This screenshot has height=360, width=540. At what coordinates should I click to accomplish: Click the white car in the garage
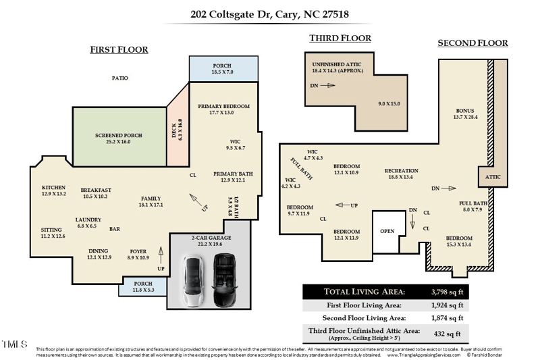(x=194, y=280)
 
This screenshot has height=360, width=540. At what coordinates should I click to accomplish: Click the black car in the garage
(x=225, y=280)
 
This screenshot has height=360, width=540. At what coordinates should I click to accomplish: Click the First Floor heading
(x=119, y=49)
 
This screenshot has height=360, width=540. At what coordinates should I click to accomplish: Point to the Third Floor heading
(x=340, y=38)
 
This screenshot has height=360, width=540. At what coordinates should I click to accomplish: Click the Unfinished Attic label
(x=337, y=67)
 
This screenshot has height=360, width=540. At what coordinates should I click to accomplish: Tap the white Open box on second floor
(x=387, y=230)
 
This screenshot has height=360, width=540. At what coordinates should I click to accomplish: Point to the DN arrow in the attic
(x=327, y=86)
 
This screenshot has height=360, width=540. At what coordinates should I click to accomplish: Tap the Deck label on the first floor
(x=176, y=128)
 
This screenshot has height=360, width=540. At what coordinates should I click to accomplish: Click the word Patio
(x=120, y=78)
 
